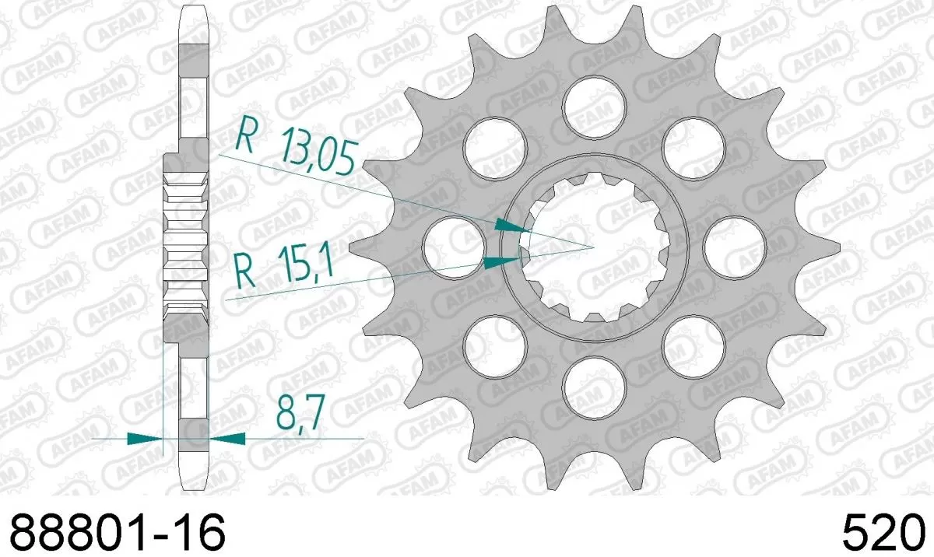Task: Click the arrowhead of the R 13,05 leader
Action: (x=509, y=226)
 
